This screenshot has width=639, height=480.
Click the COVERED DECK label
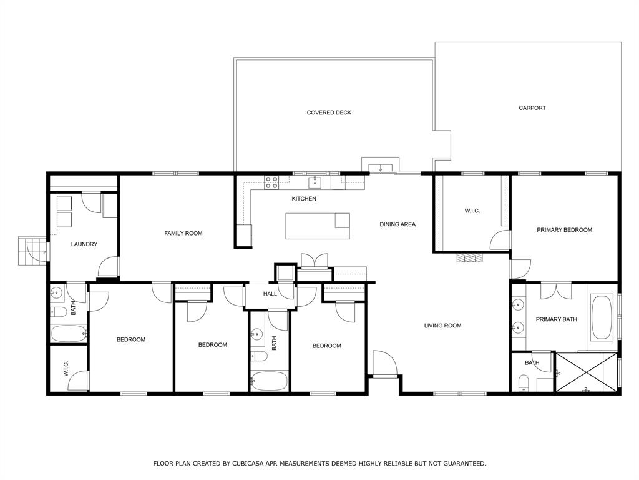pyautogui.click(x=329, y=112)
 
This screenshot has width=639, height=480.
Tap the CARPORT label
pyautogui.click(x=532, y=108)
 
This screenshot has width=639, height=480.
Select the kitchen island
pyautogui.click(x=317, y=226)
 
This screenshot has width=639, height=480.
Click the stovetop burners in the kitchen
pyautogui.click(x=271, y=182)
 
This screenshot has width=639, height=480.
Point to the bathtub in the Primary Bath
pyautogui.click(x=602, y=318)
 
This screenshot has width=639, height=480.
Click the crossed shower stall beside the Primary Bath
pyautogui.click(x=586, y=372)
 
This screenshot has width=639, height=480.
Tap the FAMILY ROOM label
pyautogui.click(x=183, y=233)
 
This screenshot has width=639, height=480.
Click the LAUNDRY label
pyautogui.click(x=84, y=244)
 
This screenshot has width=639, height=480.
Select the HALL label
pyautogui.click(x=270, y=294)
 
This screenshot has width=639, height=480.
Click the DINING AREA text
pyautogui.click(x=398, y=224)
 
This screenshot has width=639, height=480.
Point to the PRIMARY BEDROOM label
pyautogui.click(x=564, y=230)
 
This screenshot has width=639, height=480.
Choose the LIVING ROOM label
pyautogui.click(x=442, y=326)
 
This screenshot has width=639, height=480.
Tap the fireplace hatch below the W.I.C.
pyautogui.click(x=469, y=257)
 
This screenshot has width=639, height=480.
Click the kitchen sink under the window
pyautogui.click(x=316, y=182)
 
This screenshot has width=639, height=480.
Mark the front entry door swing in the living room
pyautogui.click(x=383, y=362)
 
